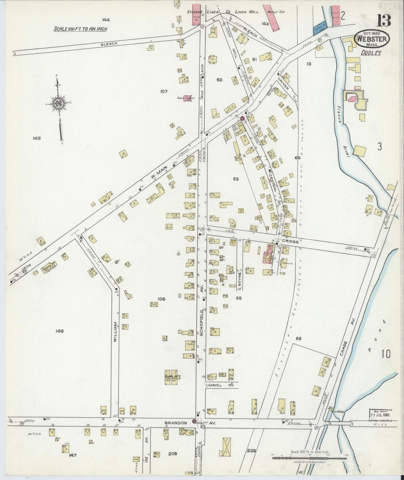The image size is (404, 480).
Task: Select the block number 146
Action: coord(60,331)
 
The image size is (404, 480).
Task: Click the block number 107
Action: coord(164,91)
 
